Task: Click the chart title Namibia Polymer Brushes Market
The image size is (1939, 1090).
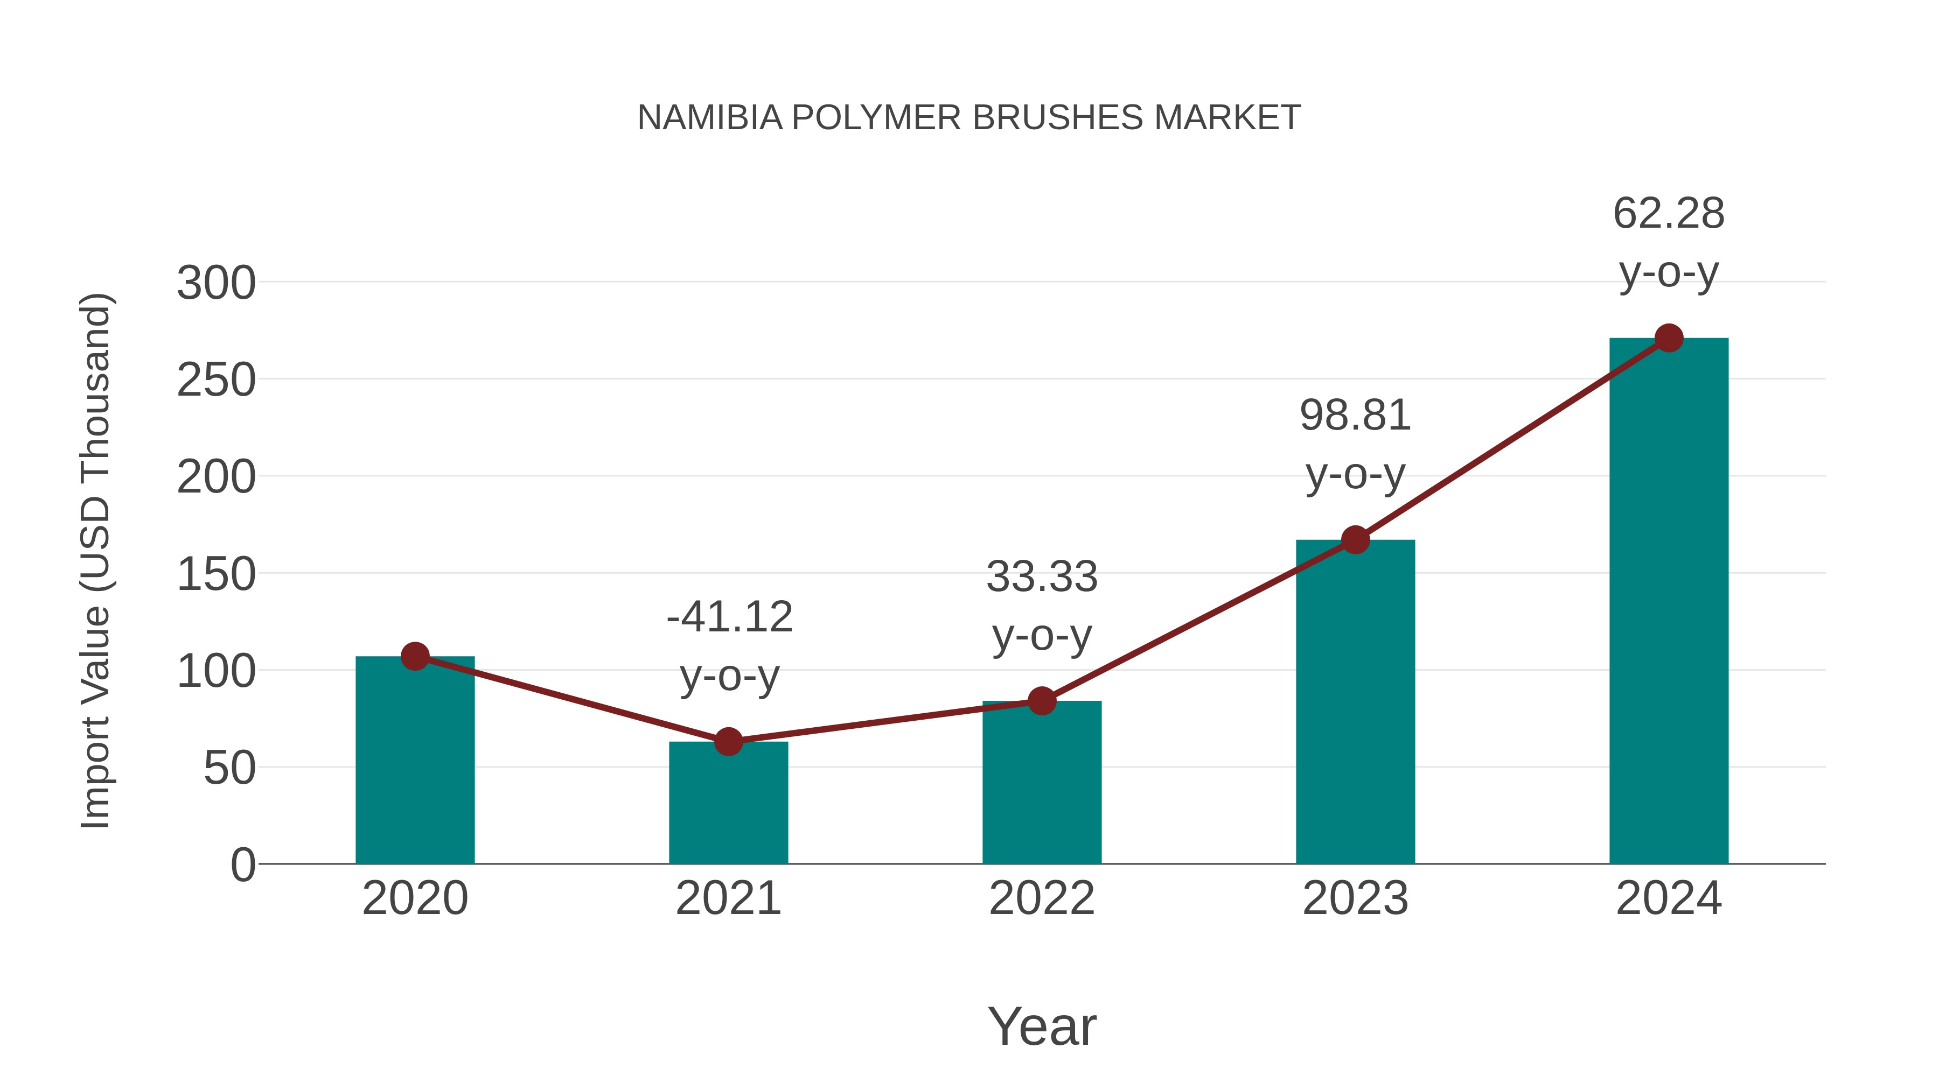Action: (x=969, y=118)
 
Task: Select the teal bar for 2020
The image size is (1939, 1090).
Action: (x=415, y=760)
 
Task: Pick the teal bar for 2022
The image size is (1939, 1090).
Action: (x=1042, y=782)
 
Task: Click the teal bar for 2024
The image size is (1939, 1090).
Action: (x=1668, y=602)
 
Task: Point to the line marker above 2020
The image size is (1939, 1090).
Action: (x=415, y=656)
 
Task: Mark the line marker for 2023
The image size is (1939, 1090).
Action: (x=1355, y=540)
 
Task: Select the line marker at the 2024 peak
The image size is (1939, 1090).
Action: (x=1669, y=339)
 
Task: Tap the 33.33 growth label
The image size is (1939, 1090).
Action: (x=1042, y=606)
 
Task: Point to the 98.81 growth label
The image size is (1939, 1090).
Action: (x=1355, y=444)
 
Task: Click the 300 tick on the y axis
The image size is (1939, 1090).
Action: (x=216, y=284)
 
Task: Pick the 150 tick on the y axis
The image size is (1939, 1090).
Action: (x=216, y=575)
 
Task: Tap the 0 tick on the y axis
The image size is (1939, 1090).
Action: (x=242, y=865)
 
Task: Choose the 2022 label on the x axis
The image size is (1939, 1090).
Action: (x=1042, y=898)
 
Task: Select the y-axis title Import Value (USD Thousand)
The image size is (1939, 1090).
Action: (x=96, y=560)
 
